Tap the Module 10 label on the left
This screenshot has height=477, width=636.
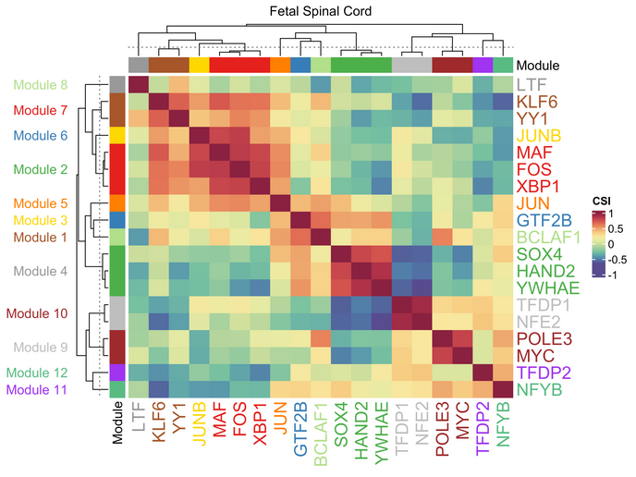[37, 313]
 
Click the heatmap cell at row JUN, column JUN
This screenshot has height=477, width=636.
[280, 202]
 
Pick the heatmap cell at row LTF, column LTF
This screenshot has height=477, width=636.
[139, 84]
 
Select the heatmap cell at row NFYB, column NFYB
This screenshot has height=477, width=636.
[503, 389]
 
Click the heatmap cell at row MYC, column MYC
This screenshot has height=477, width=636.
[462, 355]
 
